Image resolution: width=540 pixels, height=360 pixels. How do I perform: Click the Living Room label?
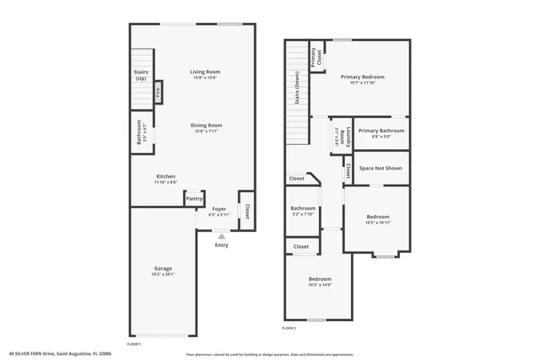point(205,72)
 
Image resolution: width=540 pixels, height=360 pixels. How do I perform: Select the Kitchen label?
point(165,176)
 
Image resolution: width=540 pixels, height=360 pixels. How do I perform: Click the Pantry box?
point(194,199)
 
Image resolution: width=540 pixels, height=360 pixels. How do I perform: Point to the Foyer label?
point(219,208)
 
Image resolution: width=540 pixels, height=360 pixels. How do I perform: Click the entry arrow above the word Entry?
point(221,236)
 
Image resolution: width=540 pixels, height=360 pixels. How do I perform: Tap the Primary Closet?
point(317,56)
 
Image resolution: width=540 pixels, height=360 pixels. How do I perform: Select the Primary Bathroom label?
point(381,131)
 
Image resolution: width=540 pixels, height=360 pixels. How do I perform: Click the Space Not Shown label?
point(381,168)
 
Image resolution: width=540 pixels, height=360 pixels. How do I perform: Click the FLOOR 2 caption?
point(289,328)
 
